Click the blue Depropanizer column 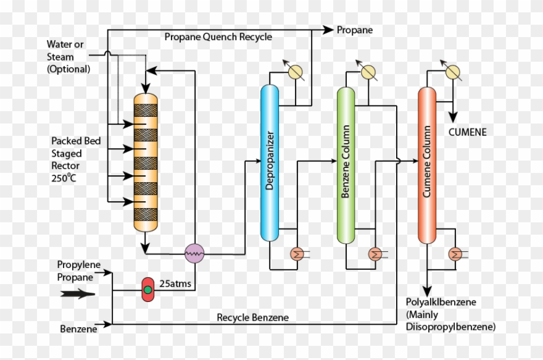click(x=270, y=162)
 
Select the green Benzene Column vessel click(x=346, y=165)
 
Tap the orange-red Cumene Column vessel click(x=427, y=165)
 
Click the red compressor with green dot click(x=147, y=290)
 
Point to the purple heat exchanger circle click(x=195, y=253)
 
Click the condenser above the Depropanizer click(x=296, y=72)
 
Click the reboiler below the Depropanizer click(x=297, y=253)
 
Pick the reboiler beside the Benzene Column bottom click(x=375, y=253)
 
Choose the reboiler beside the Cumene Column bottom click(x=455, y=253)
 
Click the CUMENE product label click(x=467, y=132)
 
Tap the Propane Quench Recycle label click(x=218, y=37)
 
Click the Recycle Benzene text click(x=252, y=317)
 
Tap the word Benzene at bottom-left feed click(x=78, y=329)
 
